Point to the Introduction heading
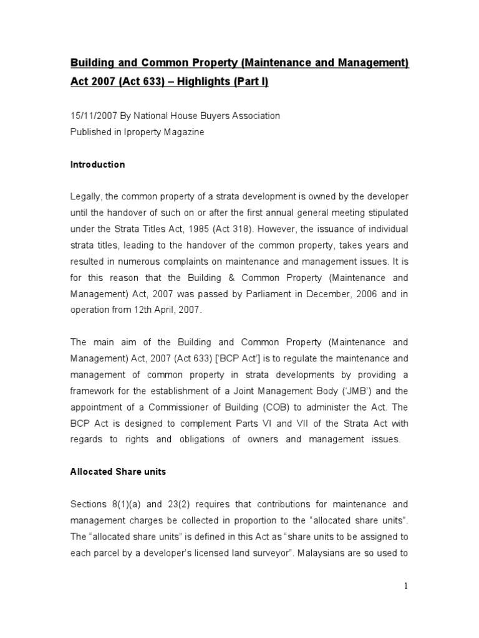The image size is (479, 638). point(97,165)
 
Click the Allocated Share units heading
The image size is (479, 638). point(118,472)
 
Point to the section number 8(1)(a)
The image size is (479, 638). point(123,503)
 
